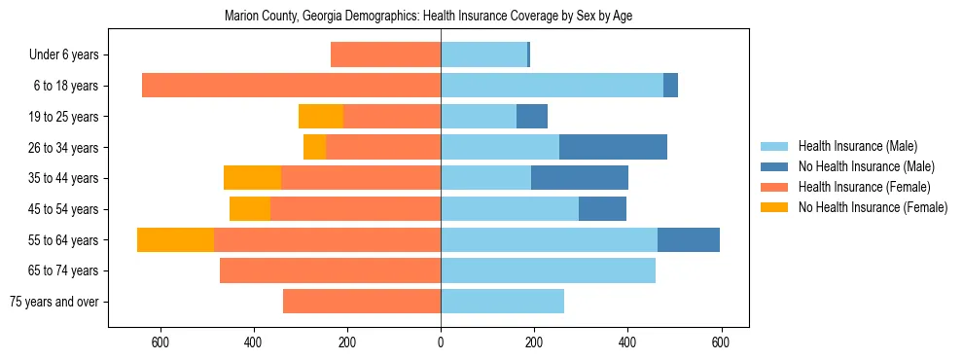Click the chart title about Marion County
(x=429, y=17)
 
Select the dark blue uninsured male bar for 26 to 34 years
(x=613, y=147)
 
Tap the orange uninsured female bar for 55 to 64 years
(x=175, y=239)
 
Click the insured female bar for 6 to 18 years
(x=291, y=86)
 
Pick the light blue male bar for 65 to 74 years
(x=548, y=270)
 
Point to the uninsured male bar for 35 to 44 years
(x=580, y=178)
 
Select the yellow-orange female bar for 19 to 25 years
(x=321, y=117)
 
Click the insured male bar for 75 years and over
(x=502, y=302)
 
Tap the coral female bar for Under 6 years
(x=385, y=54)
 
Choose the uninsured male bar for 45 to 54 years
(x=602, y=209)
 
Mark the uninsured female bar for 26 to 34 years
(x=314, y=147)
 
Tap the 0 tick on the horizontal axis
(x=441, y=342)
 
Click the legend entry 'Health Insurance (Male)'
(x=857, y=146)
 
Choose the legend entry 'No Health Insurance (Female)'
(x=873, y=207)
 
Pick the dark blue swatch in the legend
(x=774, y=166)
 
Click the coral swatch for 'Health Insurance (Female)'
(x=774, y=187)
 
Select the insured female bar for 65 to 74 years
(x=330, y=270)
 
